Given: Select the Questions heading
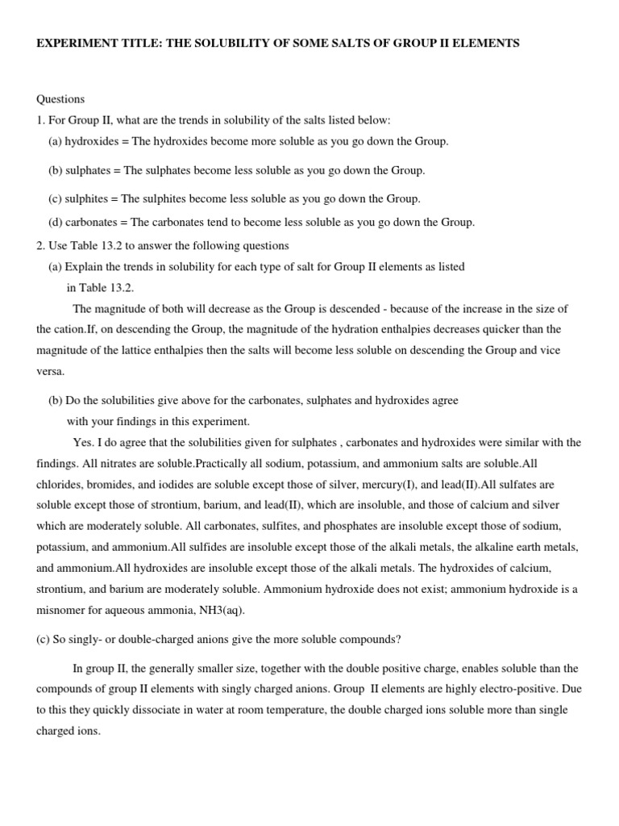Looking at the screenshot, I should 60,99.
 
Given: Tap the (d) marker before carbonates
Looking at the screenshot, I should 56,222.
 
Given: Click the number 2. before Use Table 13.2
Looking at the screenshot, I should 41,245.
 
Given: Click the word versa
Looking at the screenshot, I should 50,371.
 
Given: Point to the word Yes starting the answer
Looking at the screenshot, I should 82,443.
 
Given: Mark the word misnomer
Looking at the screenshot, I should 62,610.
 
